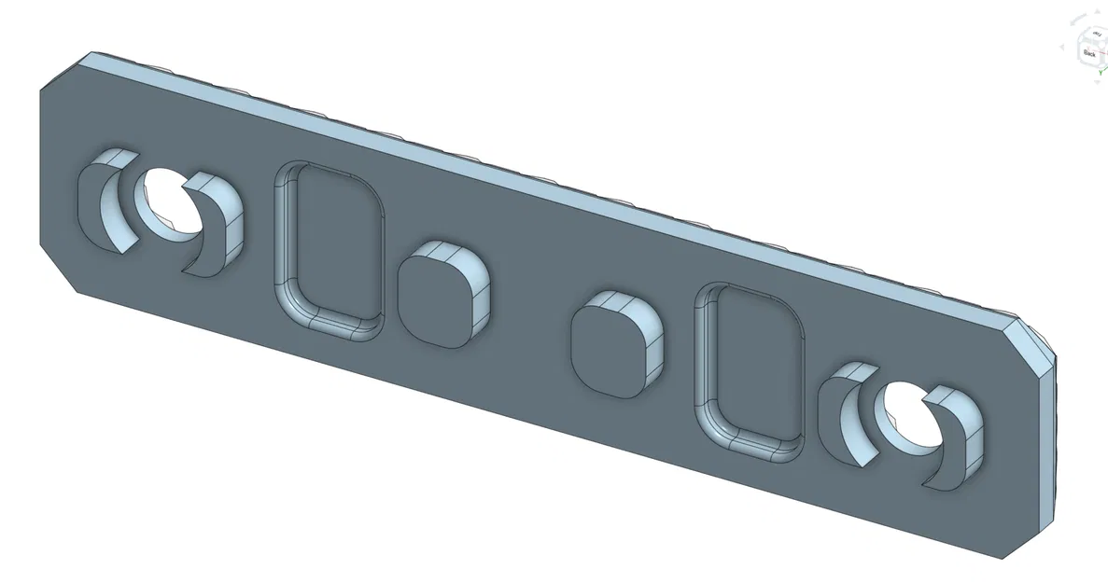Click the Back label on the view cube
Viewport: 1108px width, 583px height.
(x=1088, y=54)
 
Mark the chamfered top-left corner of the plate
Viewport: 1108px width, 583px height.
(x=63, y=73)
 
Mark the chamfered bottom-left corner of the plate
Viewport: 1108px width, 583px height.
(x=58, y=271)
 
